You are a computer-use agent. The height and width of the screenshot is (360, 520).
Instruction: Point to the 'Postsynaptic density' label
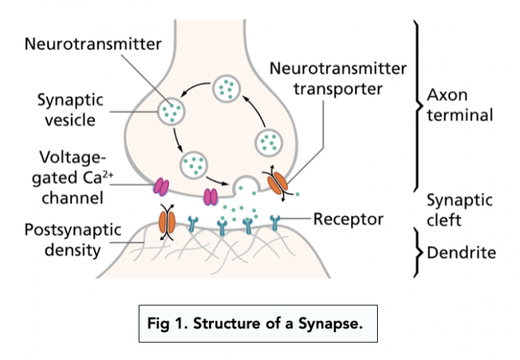tap(69, 241)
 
